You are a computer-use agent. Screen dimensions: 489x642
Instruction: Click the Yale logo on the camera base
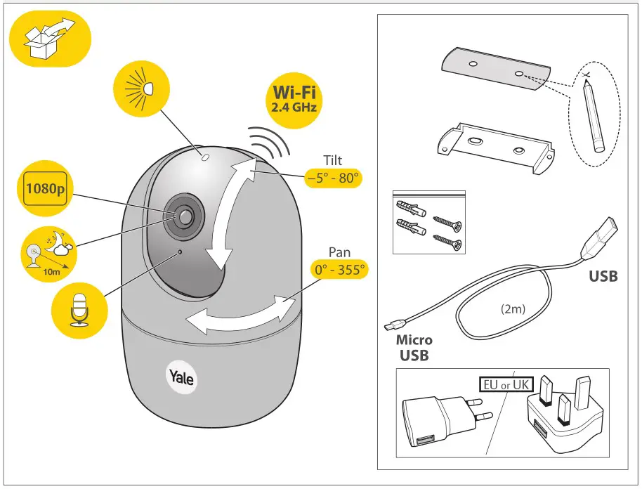click(182, 377)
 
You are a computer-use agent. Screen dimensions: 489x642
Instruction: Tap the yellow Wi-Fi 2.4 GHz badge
click(294, 98)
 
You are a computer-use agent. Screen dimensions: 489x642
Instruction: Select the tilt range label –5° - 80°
click(333, 178)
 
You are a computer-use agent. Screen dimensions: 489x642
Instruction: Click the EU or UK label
click(506, 384)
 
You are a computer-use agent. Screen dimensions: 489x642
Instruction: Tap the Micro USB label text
click(414, 347)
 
